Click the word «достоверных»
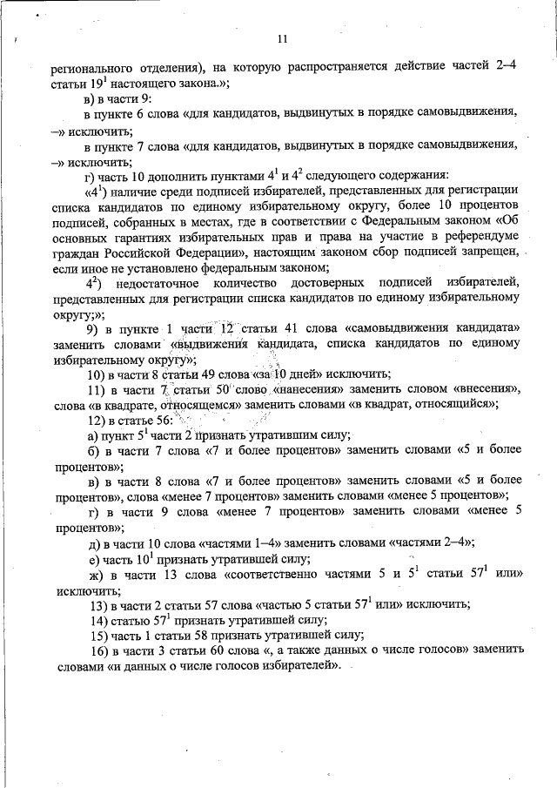tap(327, 284)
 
